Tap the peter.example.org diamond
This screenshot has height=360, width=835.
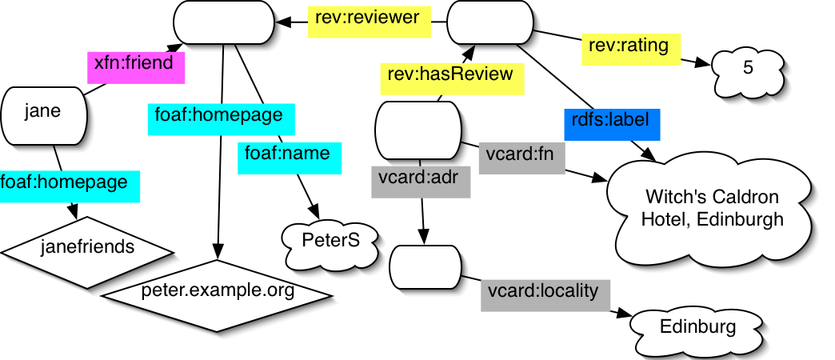216,290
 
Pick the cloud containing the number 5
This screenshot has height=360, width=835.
748,69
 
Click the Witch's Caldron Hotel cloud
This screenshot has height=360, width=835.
712,207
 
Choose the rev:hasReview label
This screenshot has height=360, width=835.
451,79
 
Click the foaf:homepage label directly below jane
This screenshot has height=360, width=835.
70,183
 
